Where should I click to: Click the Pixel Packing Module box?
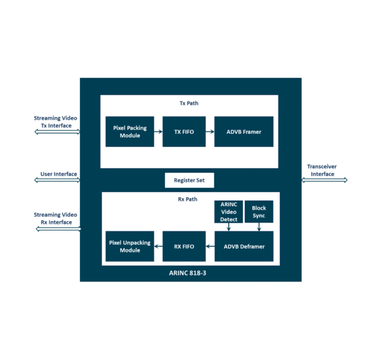[x=130, y=132]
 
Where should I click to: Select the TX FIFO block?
[x=184, y=132]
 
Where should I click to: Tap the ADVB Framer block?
[x=244, y=132]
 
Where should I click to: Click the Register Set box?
[x=189, y=180]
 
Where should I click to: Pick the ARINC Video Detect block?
[x=228, y=212]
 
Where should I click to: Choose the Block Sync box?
[x=259, y=212]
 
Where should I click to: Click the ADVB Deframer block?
[x=244, y=246]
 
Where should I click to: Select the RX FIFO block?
[x=184, y=246]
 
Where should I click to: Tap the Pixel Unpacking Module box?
[x=130, y=246]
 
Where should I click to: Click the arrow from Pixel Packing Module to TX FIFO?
[x=158, y=131]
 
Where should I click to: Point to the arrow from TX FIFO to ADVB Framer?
[x=210, y=131]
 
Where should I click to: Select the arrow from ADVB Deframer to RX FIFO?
[x=210, y=247]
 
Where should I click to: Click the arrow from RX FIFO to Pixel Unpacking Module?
[x=158, y=247]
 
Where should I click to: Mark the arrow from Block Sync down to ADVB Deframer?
[x=259, y=227]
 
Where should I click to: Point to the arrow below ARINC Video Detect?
[x=229, y=227]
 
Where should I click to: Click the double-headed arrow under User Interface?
[x=57, y=180]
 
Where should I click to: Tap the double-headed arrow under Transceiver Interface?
[x=324, y=180]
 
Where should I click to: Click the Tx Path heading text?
[x=189, y=103]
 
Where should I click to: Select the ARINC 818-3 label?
[x=187, y=273]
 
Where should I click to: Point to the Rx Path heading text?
[x=188, y=199]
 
